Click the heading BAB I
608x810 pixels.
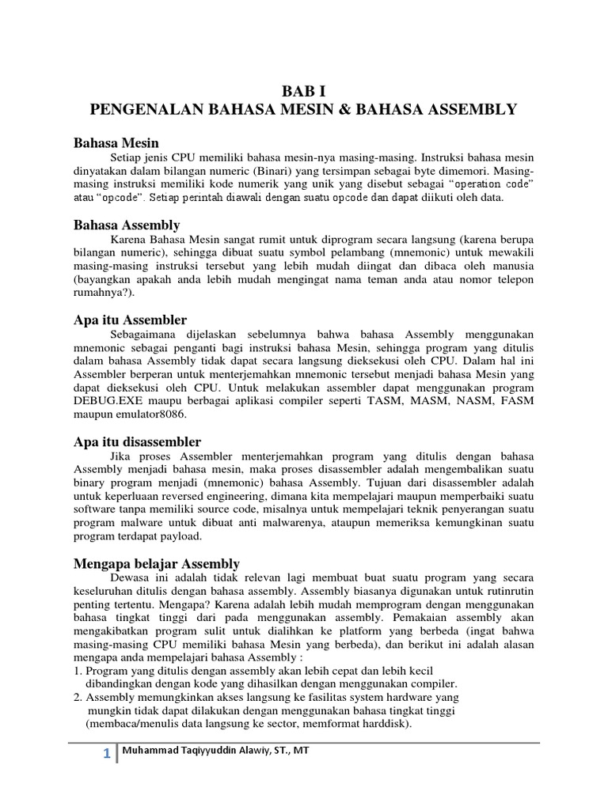[x=303, y=91]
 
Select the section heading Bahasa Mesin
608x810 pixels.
[x=116, y=143]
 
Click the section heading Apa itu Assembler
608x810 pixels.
[x=130, y=320]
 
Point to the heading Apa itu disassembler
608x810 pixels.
[x=137, y=441]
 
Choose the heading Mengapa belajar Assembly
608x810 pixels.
[x=156, y=563]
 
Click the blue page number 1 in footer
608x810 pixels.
[x=106, y=754]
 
